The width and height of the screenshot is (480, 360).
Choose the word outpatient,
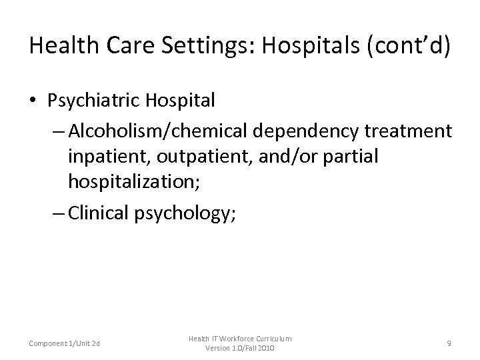click(x=199, y=157)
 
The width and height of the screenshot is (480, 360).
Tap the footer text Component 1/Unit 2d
click(x=65, y=343)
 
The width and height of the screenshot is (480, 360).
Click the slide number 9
click(x=449, y=343)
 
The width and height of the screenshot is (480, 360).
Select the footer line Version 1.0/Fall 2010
click(x=240, y=348)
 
